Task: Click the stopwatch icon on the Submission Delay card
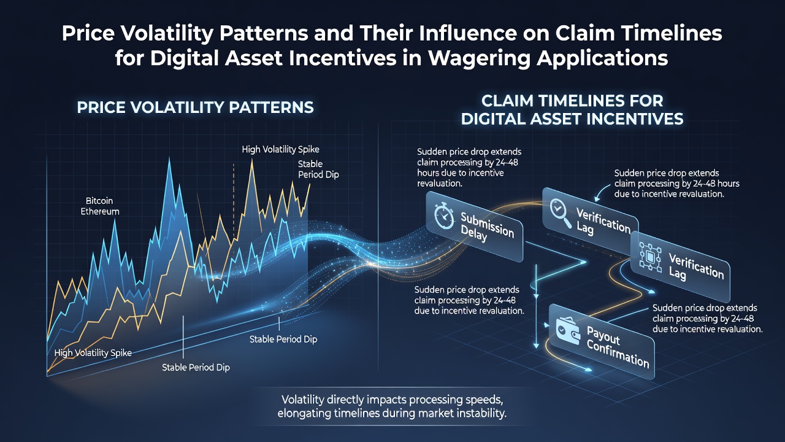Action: pyautogui.click(x=443, y=215)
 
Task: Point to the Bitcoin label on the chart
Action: pyautogui.click(x=99, y=201)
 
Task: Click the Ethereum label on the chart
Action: pyautogui.click(x=100, y=211)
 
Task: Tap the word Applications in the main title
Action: pyautogui.click(x=602, y=58)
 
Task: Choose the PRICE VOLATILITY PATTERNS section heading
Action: pyautogui.click(x=195, y=107)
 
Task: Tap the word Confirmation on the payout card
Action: pyautogui.click(x=618, y=355)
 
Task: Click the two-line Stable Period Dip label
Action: pyautogui.click(x=318, y=169)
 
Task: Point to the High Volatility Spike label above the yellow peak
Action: pyautogui.click(x=280, y=149)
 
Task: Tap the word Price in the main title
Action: pyautogui.click(x=88, y=33)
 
